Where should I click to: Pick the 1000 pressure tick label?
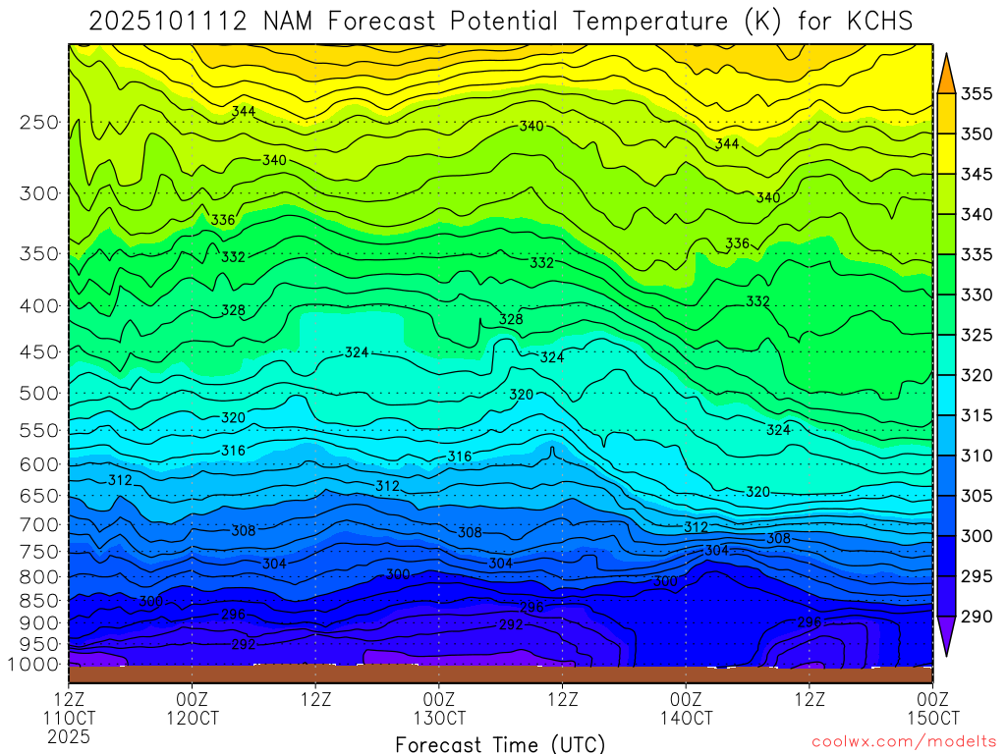coord(35,665)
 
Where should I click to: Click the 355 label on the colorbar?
coord(977,94)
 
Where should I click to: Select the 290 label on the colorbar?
coord(977,617)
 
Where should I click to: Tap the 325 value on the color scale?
coord(977,336)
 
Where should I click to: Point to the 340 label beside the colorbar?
coord(977,215)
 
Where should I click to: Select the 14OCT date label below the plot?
coord(686,719)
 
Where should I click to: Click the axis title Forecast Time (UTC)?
coord(500,743)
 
